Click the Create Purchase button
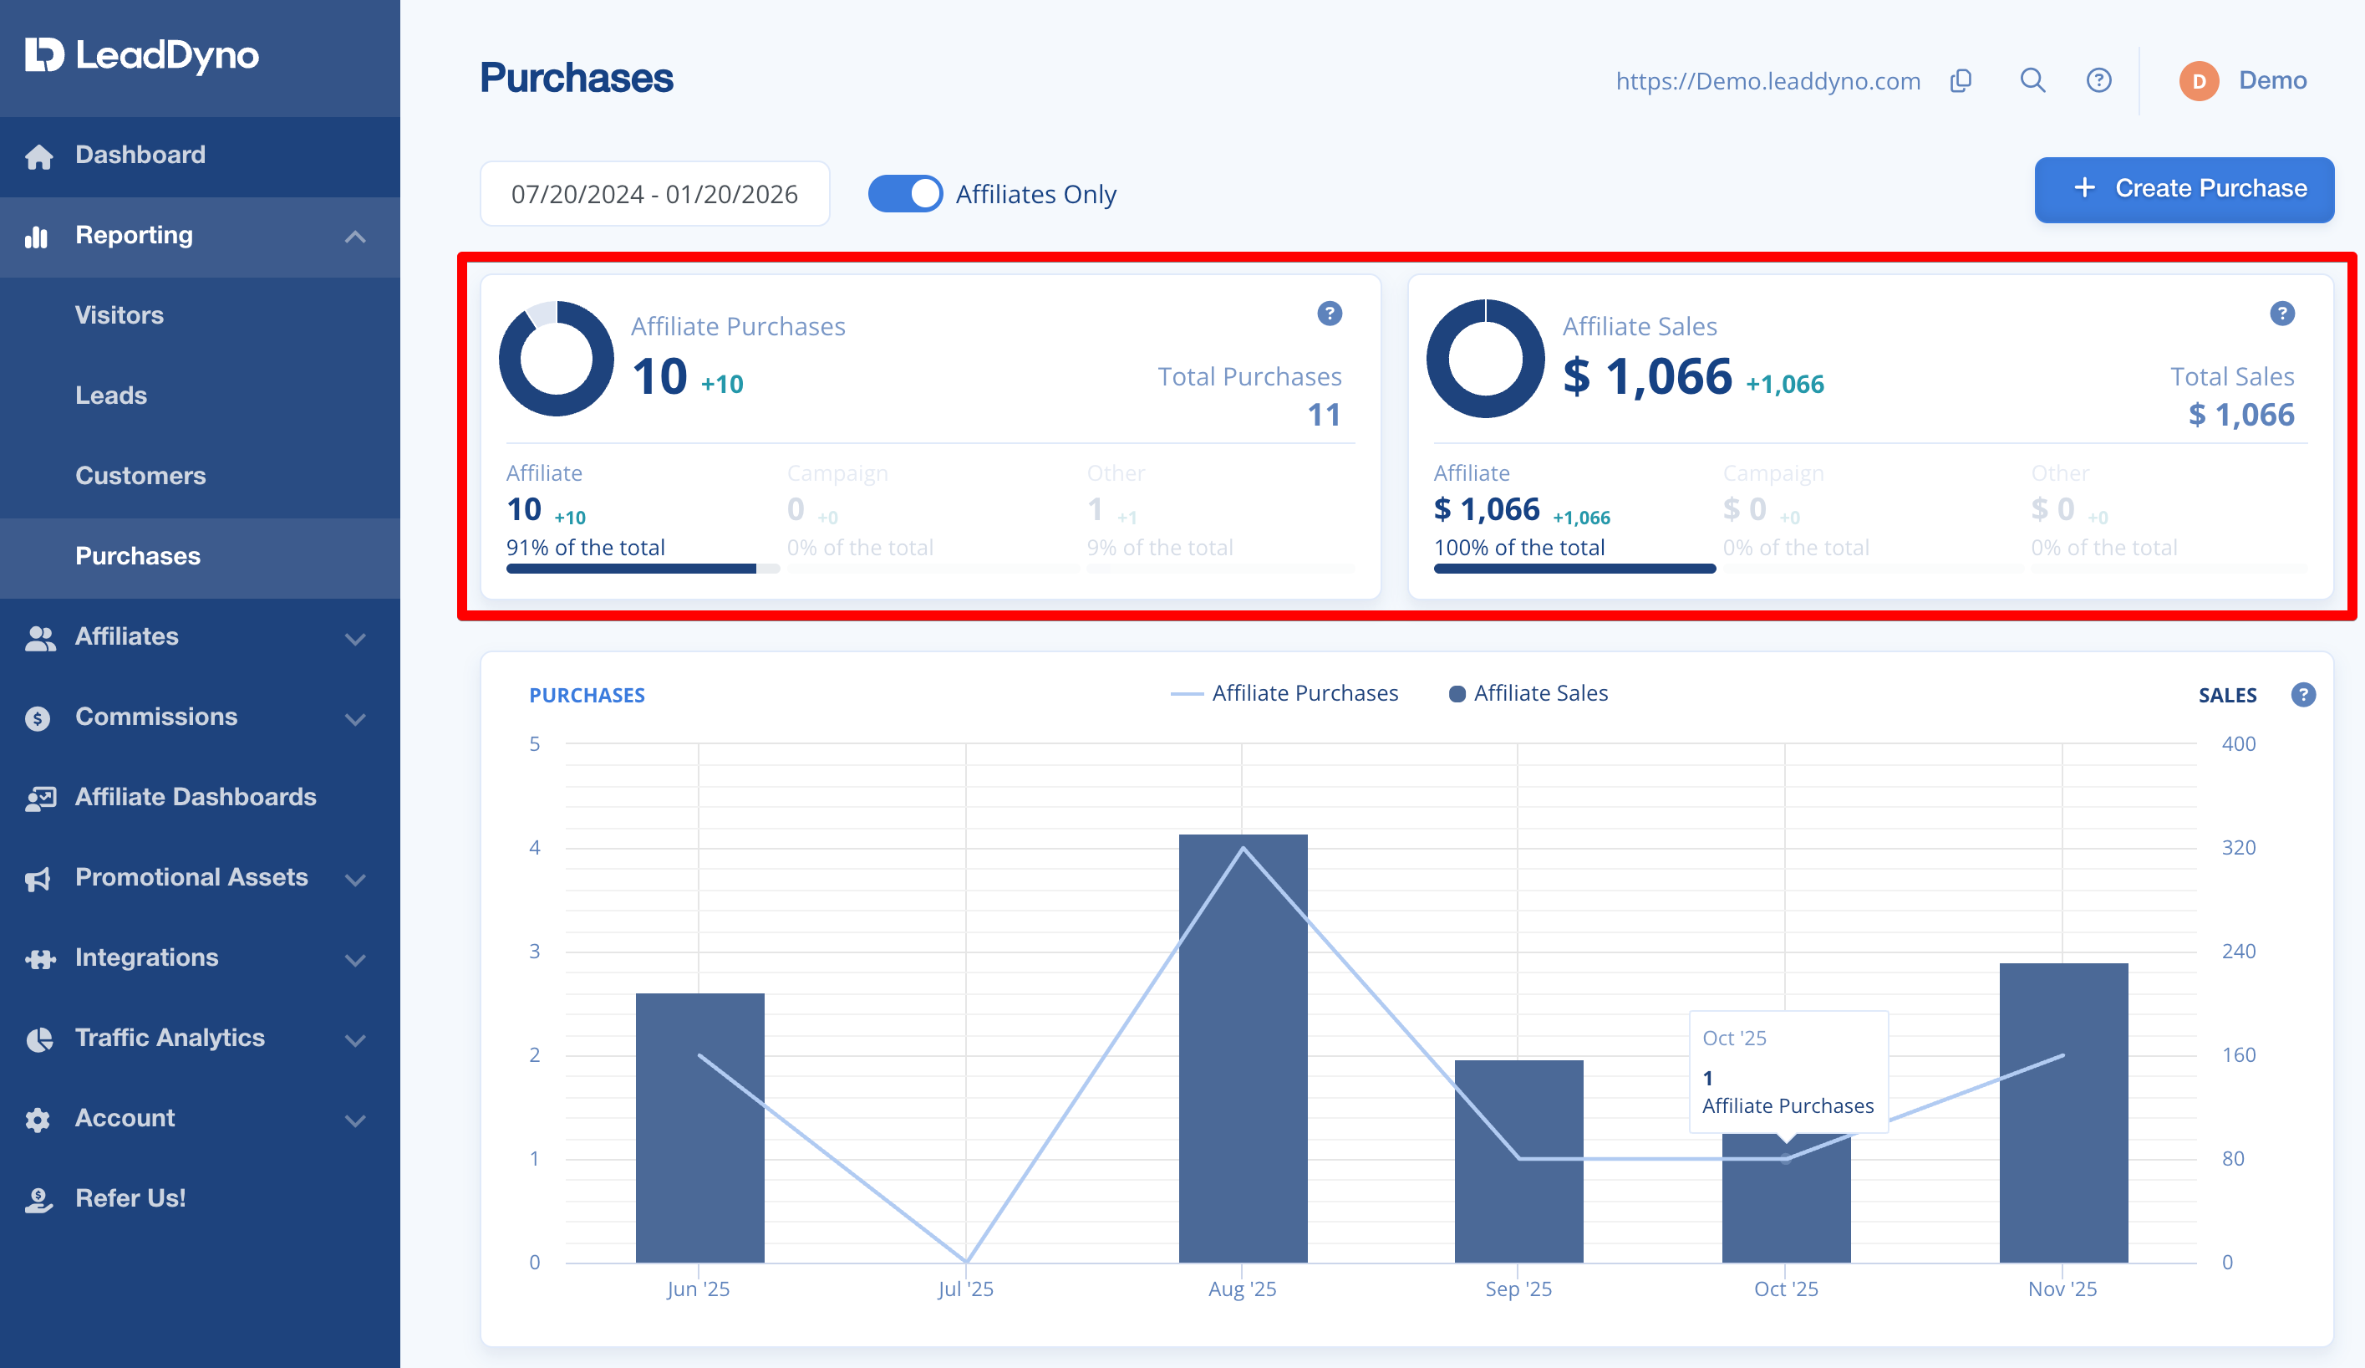click(2183, 189)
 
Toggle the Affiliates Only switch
click(905, 193)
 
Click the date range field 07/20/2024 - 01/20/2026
click(654, 193)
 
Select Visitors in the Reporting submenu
click(120, 314)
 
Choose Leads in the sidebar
click(111, 396)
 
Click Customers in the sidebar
click(140, 475)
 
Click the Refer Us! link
click(130, 1198)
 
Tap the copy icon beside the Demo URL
click(1961, 81)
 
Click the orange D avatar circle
click(2198, 81)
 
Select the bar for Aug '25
click(1243, 1048)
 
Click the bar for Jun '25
click(699, 1128)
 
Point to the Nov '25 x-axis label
click(2062, 1289)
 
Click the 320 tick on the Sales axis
click(2238, 847)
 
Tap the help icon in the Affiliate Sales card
click(2281, 313)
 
